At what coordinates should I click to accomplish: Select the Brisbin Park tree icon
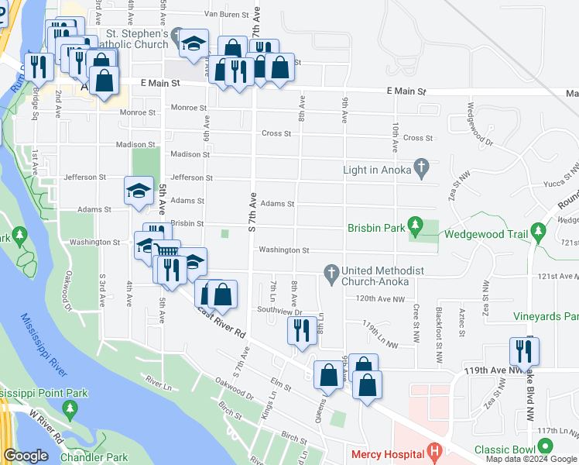(x=416, y=226)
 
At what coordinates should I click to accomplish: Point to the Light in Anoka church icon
(x=421, y=166)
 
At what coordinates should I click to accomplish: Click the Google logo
(x=26, y=456)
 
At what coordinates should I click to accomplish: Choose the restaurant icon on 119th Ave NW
(x=524, y=350)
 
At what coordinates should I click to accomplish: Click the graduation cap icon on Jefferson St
(x=138, y=190)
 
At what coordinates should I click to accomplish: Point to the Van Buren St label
(x=229, y=14)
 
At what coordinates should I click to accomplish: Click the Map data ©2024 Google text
(x=530, y=459)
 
